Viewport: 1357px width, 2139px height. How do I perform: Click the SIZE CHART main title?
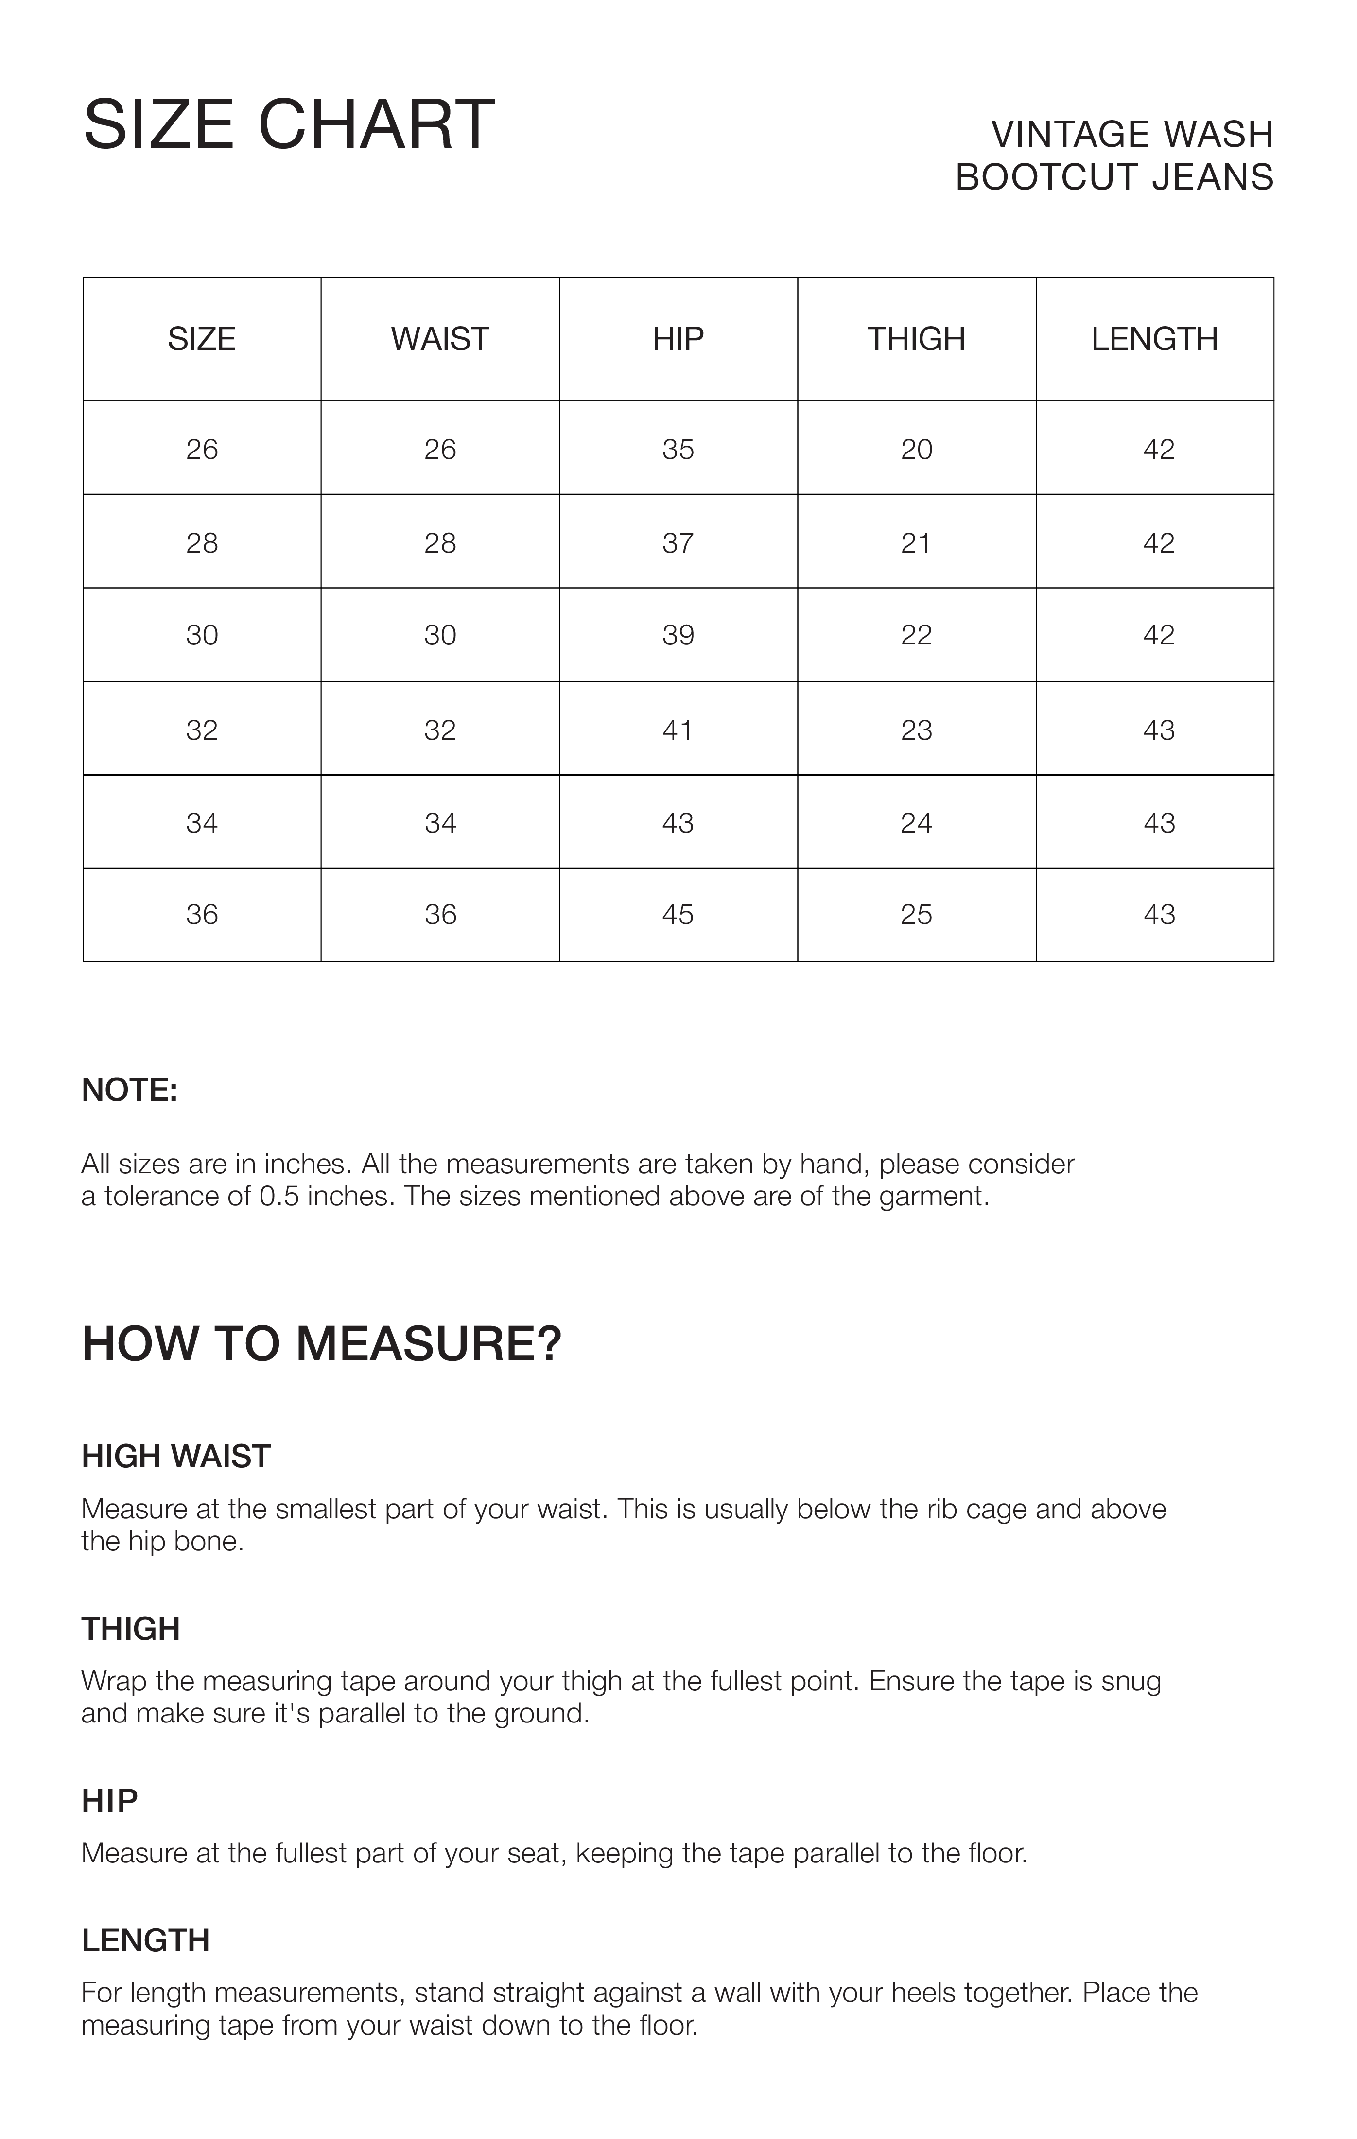(x=289, y=124)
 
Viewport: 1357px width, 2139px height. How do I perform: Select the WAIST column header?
(x=439, y=338)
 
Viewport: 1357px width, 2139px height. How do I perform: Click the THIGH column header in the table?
(x=916, y=338)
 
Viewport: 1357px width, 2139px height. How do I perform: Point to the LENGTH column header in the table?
(x=1154, y=338)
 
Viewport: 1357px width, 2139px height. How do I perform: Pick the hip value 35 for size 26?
(x=678, y=450)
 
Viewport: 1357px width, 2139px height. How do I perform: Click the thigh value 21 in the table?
(x=916, y=543)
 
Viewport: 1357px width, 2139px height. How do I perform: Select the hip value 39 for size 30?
(x=678, y=635)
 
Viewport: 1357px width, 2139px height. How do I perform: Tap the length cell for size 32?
(x=1158, y=730)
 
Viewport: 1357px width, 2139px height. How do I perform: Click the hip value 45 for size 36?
(x=678, y=915)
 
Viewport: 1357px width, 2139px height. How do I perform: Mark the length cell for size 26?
(x=1158, y=450)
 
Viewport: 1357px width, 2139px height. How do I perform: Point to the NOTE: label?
(x=130, y=1090)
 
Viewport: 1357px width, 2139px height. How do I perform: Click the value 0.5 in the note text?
(x=279, y=1197)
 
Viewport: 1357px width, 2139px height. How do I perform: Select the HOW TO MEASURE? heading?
(x=321, y=1344)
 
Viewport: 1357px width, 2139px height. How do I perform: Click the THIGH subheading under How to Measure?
(x=131, y=1629)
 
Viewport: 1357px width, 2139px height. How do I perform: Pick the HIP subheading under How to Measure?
(x=109, y=1801)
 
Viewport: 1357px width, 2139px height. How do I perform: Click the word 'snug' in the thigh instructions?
(x=1131, y=1682)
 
